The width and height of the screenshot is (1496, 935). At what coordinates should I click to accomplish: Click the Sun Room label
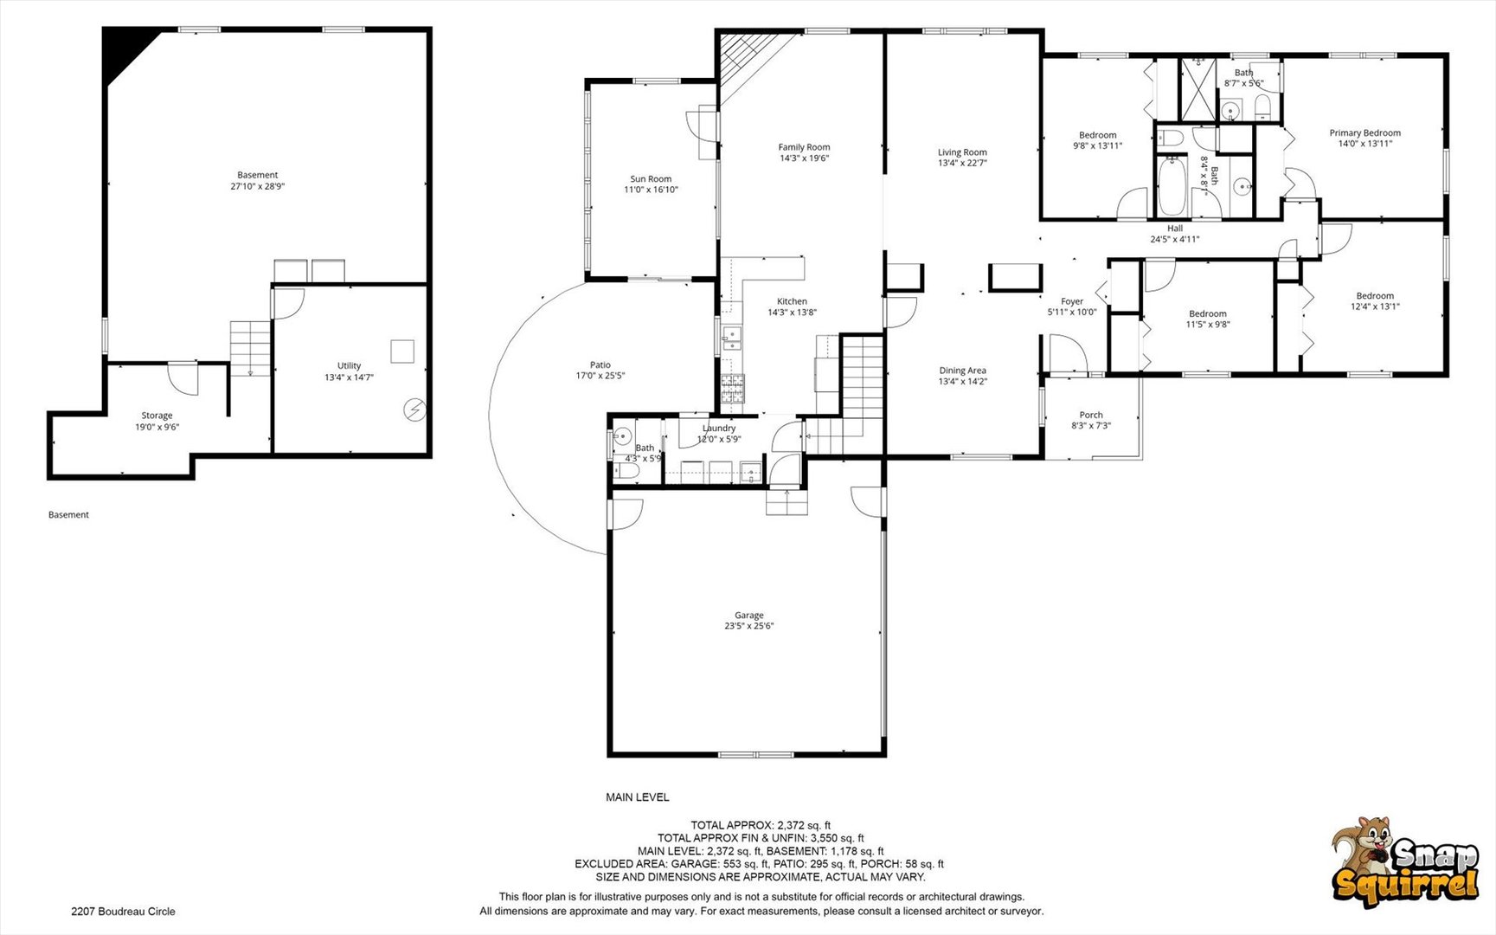coord(651,179)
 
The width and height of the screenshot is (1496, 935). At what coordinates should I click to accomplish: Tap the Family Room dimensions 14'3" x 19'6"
coord(804,158)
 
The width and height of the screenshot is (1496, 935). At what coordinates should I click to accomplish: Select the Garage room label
coord(749,616)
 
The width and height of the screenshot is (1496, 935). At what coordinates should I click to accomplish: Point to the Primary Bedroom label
coord(1364,133)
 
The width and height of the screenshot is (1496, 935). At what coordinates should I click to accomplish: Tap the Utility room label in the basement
coord(349,365)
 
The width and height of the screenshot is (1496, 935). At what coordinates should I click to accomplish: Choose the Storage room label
coord(157,416)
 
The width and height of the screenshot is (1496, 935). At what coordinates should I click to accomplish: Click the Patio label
coord(600,365)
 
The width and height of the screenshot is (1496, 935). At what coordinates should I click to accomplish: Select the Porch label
coord(1091,415)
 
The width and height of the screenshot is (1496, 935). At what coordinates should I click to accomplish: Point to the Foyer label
coord(1072,301)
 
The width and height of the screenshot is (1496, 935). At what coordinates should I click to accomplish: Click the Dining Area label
coord(963,371)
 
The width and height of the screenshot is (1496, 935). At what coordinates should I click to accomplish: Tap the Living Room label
coord(962,152)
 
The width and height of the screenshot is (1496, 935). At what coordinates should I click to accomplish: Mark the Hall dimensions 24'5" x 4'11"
coord(1174,239)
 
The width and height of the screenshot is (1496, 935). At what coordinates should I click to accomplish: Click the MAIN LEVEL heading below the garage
coord(638,797)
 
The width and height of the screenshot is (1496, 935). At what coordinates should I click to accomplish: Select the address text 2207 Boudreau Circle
coord(123,911)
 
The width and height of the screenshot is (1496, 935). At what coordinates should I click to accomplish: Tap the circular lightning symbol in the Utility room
coord(416,409)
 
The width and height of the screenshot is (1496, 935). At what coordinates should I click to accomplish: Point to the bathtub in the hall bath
coord(1172,185)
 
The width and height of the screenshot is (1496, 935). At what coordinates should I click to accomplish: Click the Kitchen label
coord(792,301)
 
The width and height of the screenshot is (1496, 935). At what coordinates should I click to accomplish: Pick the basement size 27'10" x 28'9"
coord(258,186)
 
